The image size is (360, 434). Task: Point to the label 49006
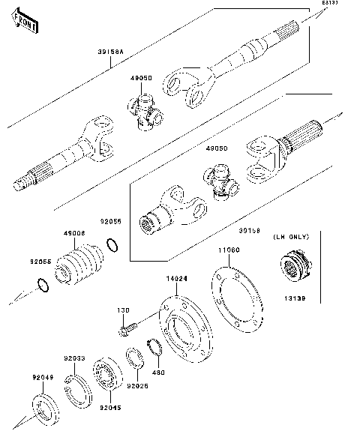coord(73,234)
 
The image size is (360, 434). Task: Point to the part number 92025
coord(137,386)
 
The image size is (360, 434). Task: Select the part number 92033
coord(74,358)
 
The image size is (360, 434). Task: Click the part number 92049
coord(42,378)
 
